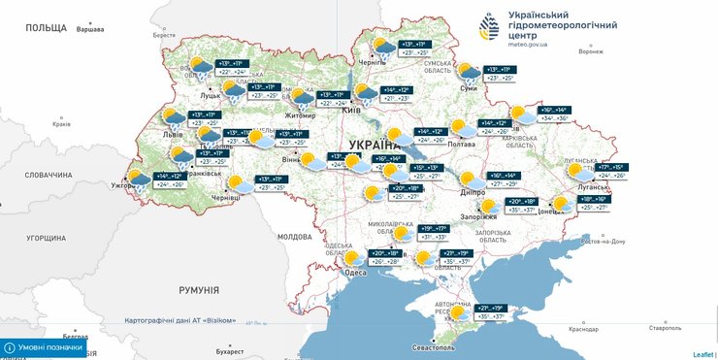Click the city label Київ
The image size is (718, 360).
click(x=351, y=111)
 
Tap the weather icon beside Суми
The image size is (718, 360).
click(x=469, y=72)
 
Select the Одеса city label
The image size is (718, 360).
click(x=356, y=273)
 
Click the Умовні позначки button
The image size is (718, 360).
click(x=44, y=346)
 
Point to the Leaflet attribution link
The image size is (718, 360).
click(x=702, y=354)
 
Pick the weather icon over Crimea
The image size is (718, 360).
click(x=457, y=312)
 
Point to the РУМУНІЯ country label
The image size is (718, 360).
click(x=202, y=289)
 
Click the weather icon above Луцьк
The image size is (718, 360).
click(x=201, y=67)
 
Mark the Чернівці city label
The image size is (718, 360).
click(x=224, y=196)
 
